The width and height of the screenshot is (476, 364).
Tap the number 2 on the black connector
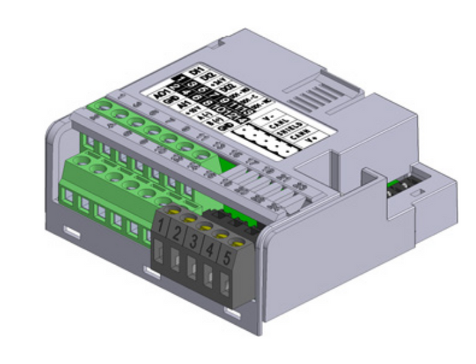[177, 233]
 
